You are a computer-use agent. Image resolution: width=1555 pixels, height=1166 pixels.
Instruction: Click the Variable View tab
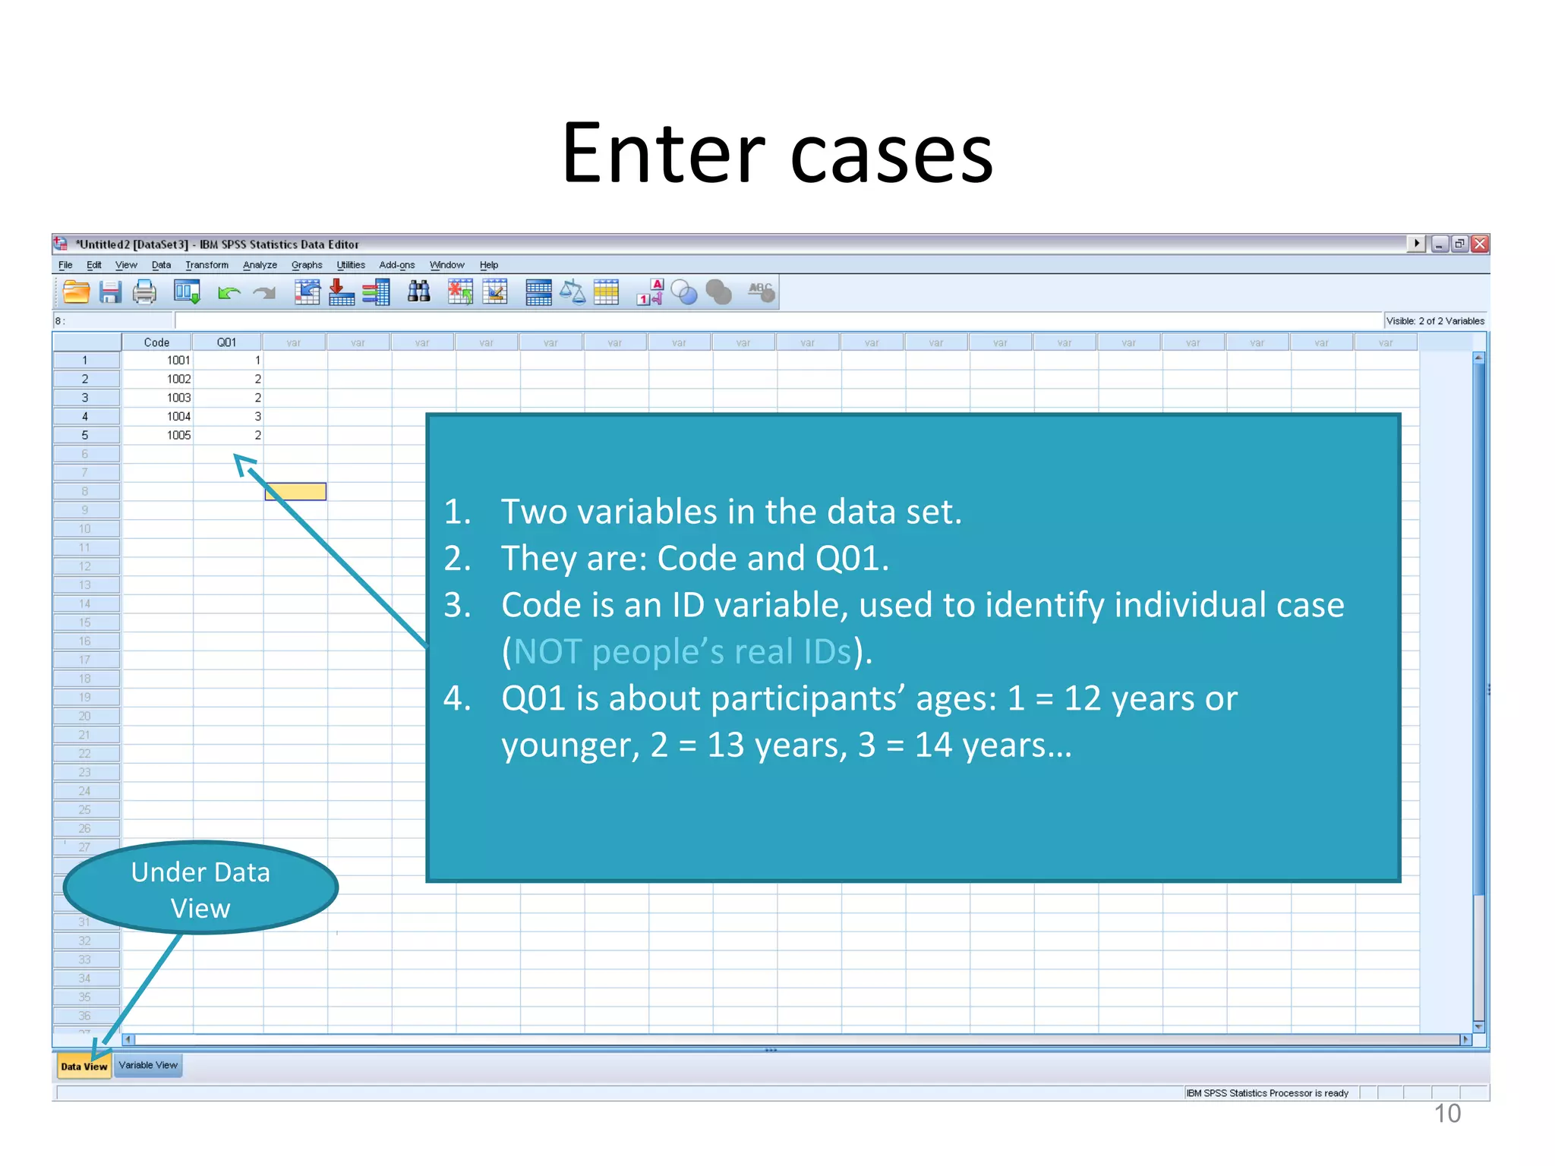148,1065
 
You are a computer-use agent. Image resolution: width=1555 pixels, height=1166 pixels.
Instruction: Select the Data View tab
84,1066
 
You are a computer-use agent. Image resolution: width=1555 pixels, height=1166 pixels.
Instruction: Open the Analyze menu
260,265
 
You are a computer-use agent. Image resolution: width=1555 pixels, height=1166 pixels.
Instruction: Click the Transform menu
207,265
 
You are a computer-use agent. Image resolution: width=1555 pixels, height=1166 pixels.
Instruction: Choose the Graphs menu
307,265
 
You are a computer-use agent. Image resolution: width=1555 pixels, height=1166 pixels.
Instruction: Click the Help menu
489,265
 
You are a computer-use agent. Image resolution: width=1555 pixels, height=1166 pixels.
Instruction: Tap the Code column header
156,342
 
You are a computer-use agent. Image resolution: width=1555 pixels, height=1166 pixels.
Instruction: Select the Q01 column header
226,342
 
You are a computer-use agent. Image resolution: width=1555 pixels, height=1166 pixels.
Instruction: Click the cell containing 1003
178,398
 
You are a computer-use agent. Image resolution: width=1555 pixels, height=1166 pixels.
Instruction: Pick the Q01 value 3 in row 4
257,417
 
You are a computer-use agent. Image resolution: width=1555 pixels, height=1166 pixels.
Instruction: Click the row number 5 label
85,436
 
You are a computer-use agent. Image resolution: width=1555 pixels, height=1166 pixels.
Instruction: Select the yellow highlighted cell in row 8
295,492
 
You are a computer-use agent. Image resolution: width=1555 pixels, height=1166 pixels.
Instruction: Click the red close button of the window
1480,244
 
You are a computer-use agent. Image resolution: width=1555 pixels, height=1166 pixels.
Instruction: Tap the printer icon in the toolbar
144,292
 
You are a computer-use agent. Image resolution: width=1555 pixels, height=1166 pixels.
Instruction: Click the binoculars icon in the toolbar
419,292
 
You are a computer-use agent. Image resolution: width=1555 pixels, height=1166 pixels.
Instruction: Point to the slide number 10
1447,1114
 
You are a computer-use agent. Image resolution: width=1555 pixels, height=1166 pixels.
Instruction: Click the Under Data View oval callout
200,889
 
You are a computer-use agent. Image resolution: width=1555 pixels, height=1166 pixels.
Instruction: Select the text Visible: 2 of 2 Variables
1435,321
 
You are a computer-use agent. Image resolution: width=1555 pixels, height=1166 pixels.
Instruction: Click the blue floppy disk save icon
111,292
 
